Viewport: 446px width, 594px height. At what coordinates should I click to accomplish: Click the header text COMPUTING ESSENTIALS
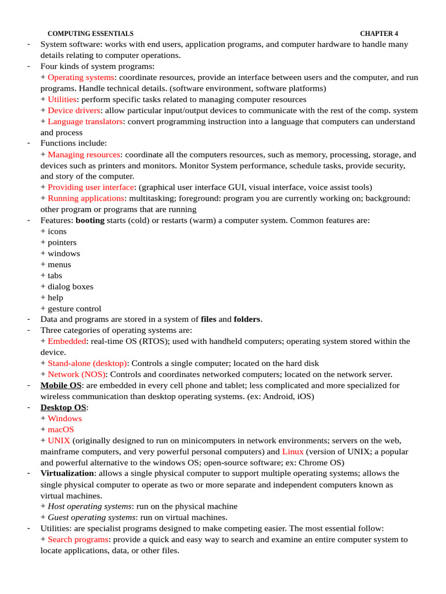pos(90,34)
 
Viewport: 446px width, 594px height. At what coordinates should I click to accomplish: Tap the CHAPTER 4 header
pos(379,34)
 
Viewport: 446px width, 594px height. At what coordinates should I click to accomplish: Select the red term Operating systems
pos(81,77)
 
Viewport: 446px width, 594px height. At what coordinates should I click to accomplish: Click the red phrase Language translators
pos(85,121)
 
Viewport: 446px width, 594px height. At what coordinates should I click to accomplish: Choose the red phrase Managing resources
pos(84,154)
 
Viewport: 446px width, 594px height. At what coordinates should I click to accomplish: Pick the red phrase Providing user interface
pos(91,187)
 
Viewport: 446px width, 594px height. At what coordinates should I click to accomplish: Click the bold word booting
pos(90,220)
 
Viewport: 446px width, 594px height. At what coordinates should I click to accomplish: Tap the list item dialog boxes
pos(70,286)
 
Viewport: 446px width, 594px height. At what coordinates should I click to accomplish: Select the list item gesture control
pos(74,308)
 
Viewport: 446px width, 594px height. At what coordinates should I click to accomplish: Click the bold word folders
pos(247,319)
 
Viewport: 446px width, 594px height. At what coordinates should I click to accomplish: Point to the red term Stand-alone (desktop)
pos(87,363)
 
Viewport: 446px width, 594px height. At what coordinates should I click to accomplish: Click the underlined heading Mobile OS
pos(61,385)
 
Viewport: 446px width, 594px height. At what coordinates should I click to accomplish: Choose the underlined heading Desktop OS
pos(63,407)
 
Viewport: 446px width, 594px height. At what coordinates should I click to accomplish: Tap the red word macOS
pos(61,429)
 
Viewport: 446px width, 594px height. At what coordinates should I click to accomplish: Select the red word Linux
pos(293,451)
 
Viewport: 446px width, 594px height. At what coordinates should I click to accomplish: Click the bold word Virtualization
pos(67,473)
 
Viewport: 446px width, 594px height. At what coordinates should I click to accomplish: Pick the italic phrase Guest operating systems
pos(91,517)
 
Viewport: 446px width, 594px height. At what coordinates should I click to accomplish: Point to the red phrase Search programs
pos(78,539)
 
